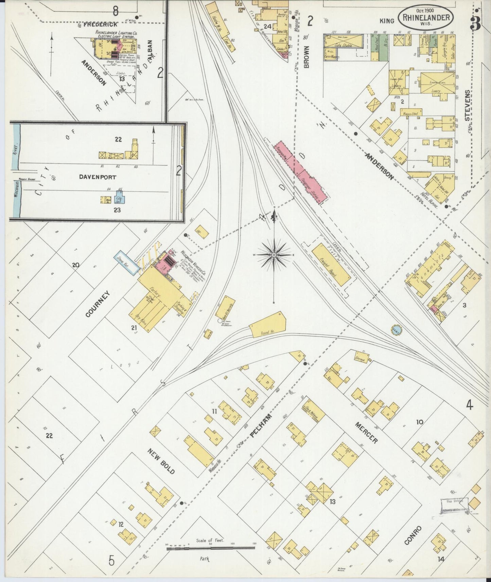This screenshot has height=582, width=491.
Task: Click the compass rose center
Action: pyautogui.click(x=274, y=255)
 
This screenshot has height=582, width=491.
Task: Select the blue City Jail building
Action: pyautogui.click(x=119, y=200)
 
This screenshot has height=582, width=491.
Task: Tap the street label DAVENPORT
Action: pyautogui.click(x=98, y=177)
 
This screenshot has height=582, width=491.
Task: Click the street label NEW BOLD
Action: pyautogui.click(x=161, y=461)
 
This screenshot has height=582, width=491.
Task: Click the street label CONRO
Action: pyautogui.click(x=413, y=536)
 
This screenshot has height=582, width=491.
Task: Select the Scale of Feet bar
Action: pyautogui.click(x=211, y=548)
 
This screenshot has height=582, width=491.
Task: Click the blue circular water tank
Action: pyautogui.click(x=396, y=329)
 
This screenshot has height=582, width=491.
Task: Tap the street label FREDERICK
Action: pyautogui.click(x=100, y=25)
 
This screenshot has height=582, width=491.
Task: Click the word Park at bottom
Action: pyautogui.click(x=205, y=559)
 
